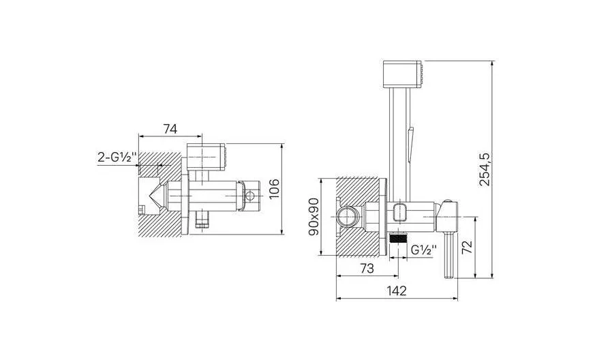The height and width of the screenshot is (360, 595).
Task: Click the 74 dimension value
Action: click(170, 129)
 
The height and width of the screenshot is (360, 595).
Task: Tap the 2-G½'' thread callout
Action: click(117, 157)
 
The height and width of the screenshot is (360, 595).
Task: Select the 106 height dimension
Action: click(273, 188)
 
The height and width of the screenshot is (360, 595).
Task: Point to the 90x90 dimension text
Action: click(314, 217)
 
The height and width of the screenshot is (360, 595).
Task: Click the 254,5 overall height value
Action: click(485, 169)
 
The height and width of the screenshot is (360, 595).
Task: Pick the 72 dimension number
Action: click(468, 247)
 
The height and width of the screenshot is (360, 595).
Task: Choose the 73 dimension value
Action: click(367, 269)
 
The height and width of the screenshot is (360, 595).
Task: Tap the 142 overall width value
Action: click(397, 290)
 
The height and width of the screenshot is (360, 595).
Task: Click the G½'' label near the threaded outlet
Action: click(423, 250)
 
